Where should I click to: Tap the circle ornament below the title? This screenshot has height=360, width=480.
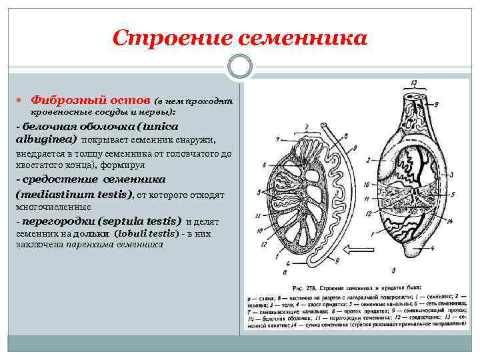point(240,67)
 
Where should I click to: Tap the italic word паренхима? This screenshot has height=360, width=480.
point(87,244)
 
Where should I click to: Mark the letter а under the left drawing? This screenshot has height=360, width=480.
point(285,271)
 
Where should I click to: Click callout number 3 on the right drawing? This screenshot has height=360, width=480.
point(451,173)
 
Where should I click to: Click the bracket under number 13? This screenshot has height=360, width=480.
point(413,89)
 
